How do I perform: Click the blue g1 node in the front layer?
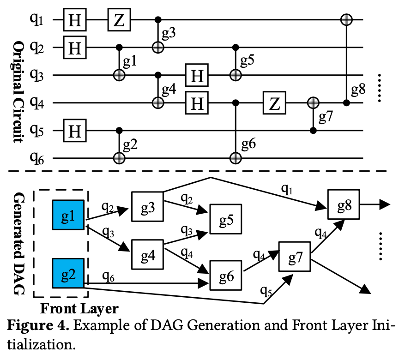tap(68, 215)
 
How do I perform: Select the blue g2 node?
tap(68, 273)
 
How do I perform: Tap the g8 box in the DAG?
tap(344, 204)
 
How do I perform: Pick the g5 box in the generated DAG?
tap(225, 219)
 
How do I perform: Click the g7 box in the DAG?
tap(295, 257)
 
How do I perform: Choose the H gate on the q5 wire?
tap(75, 131)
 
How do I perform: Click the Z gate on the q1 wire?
tap(119, 20)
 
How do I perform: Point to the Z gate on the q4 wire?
tap(274, 103)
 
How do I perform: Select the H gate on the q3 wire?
tap(197, 75)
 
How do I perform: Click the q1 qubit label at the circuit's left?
tap(36, 19)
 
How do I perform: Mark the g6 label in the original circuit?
tap(248, 144)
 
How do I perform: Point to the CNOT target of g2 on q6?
tap(119, 158)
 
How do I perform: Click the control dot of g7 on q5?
tap(313, 131)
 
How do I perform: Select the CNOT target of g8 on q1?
tap(346, 19)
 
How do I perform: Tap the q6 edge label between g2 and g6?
tap(108, 276)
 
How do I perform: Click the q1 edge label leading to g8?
tap(287, 189)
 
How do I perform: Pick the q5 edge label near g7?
tap(266, 291)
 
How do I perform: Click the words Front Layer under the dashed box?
tap(79, 309)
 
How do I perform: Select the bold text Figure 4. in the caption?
tap(38, 325)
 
